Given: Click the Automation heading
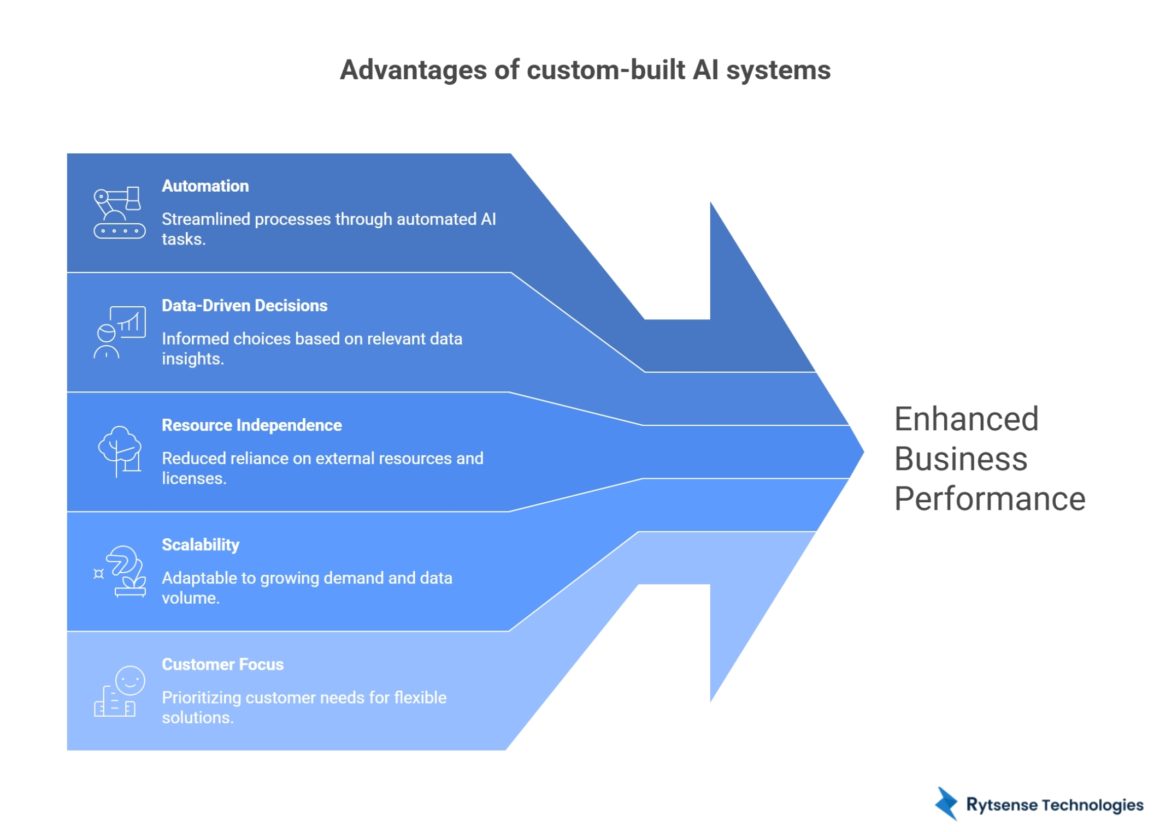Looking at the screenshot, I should [x=205, y=186].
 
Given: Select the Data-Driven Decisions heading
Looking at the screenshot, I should [x=244, y=306].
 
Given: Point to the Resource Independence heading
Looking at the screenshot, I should [x=251, y=425].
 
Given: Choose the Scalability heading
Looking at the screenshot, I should [x=201, y=545].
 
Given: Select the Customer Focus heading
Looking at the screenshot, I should [x=222, y=664].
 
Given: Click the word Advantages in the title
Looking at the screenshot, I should [x=413, y=70].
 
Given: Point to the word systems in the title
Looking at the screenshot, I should [x=778, y=70].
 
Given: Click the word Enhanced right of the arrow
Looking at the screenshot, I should [x=965, y=419].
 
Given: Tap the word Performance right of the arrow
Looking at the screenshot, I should [x=989, y=499].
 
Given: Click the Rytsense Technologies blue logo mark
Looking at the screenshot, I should [x=946, y=804].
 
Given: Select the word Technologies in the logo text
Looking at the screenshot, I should [x=1092, y=805].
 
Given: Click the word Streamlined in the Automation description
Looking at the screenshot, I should [x=205, y=219].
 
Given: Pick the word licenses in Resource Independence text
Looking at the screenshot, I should [x=193, y=479].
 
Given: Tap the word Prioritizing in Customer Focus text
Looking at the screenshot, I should [x=201, y=698].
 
